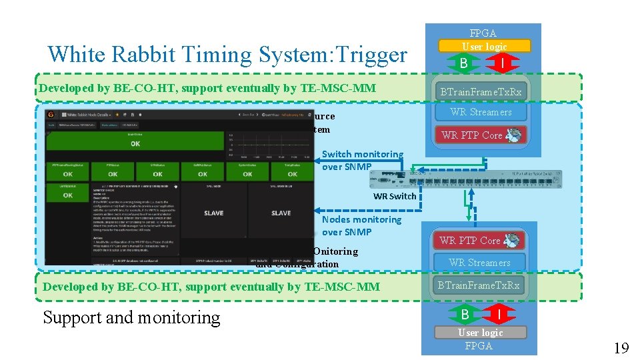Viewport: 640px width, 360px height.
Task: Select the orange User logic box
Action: click(x=484, y=47)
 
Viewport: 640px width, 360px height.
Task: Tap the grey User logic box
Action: click(x=480, y=332)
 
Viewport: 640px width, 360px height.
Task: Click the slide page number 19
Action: click(x=621, y=348)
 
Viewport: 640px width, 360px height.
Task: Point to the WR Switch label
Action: click(x=394, y=196)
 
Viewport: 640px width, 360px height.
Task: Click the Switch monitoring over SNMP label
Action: click(x=362, y=160)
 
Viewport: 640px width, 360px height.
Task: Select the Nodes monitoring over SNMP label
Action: click(x=361, y=225)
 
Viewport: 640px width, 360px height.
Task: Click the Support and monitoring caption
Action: click(x=131, y=317)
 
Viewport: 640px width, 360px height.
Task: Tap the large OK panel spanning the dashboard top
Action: click(x=135, y=142)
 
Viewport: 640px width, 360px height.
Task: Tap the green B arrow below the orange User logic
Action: click(x=462, y=63)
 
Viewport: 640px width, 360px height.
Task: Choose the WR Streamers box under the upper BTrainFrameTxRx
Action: click(x=480, y=112)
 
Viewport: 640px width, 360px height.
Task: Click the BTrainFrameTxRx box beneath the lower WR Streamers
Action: click(x=479, y=285)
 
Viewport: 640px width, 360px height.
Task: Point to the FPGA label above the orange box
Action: click(x=483, y=33)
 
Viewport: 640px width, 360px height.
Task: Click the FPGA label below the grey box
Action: click(x=479, y=345)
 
